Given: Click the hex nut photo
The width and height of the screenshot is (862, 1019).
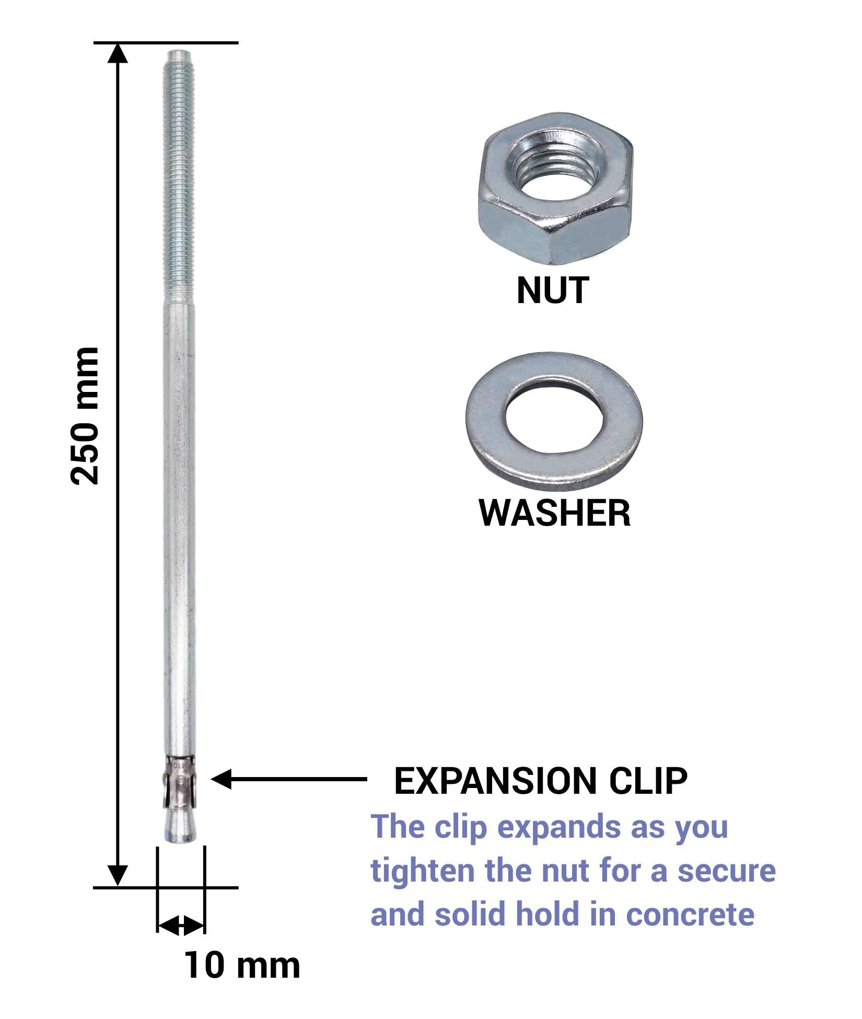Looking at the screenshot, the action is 555,189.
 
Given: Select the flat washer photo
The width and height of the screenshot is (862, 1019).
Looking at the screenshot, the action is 554,422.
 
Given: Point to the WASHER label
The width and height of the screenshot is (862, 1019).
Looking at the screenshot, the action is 554,513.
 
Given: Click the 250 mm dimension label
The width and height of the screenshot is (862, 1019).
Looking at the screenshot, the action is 85,415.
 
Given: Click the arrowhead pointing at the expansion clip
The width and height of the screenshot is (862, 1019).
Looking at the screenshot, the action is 221,779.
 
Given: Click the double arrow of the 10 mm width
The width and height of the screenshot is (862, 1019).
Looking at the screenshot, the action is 181,925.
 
